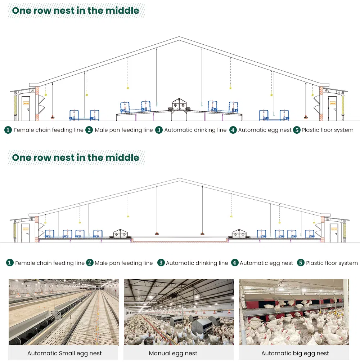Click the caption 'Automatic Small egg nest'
tap(64, 353)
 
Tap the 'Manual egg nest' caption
tap(173, 353)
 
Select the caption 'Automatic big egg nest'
tap(295, 353)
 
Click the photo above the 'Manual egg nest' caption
tap(179, 312)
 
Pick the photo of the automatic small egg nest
tap(64, 312)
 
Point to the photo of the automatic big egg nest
tap(294, 312)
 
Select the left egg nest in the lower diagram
tap(120, 234)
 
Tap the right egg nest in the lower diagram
tap(239, 234)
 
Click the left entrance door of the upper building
tap(26, 108)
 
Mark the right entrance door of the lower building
tap(334, 233)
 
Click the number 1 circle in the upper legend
tap(8, 130)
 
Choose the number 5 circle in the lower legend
tap(301, 263)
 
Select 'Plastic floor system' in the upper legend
tap(327, 130)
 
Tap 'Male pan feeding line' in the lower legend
tap(123, 263)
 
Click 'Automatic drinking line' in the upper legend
tap(195, 130)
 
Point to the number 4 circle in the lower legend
tap(235, 263)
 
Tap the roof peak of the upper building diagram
tap(179, 37)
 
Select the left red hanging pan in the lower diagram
tap(157, 233)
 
